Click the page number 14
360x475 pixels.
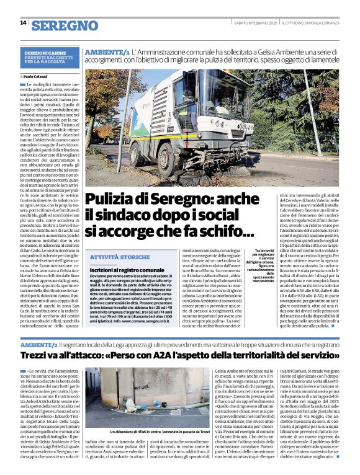coord(23,22)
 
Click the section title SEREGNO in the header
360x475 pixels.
coord(65,25)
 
